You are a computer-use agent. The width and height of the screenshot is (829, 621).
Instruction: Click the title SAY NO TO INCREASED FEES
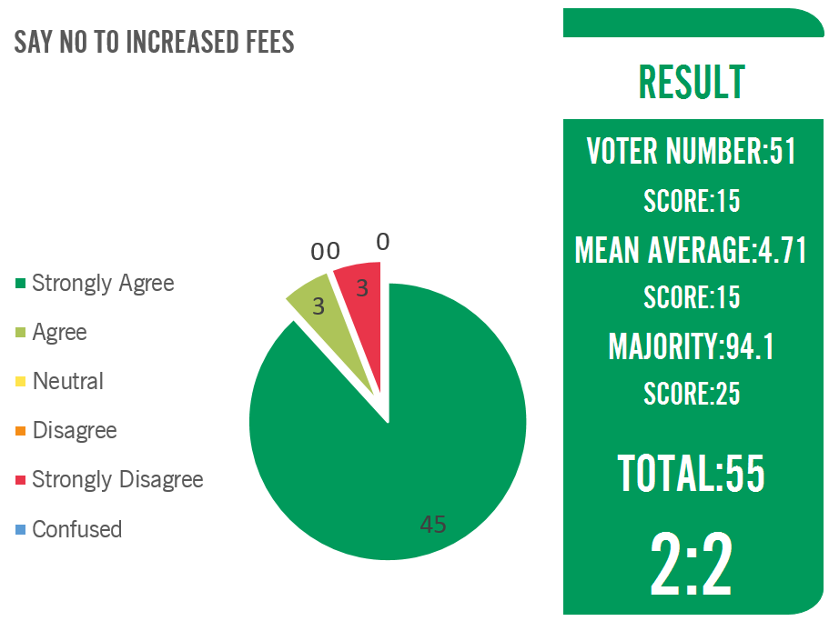coord(154,42)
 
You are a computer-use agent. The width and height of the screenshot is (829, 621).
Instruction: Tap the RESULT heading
coord(692,83)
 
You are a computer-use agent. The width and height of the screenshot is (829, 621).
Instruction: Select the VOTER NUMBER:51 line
coord(692,151)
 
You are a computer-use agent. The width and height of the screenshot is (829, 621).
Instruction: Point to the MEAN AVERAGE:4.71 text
coord(692,249)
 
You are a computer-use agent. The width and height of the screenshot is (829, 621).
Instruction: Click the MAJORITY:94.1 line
coord(692,346)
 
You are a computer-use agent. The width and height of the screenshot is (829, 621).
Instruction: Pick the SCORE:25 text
coord(692,394)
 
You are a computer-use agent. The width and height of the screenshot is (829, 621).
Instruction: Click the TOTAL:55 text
coord(692,473)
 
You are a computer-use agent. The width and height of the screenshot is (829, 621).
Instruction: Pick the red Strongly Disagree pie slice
coord(360,291)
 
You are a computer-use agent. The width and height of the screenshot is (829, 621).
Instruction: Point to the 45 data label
coord(433,524)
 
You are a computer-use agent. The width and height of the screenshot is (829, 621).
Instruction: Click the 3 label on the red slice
coord(361,288)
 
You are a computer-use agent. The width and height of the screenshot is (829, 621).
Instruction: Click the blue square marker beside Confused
coord(20,529)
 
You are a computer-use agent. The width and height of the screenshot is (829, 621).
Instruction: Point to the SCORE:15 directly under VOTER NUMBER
coord(692,201)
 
